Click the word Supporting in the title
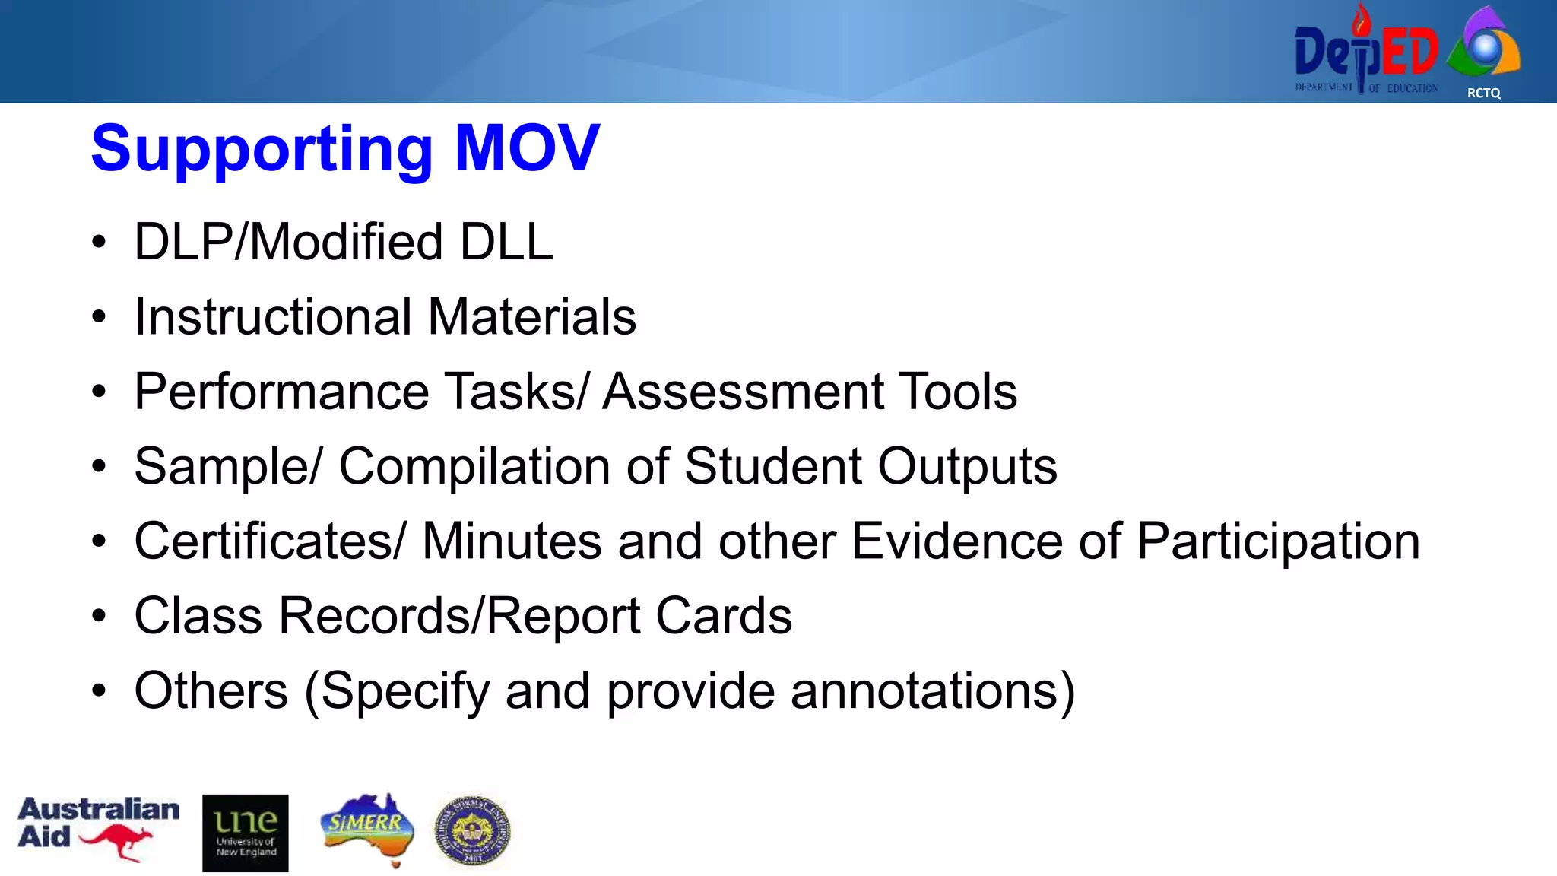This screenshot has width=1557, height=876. tap(262, 149)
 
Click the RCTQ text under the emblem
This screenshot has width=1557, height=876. tap(1483, 93)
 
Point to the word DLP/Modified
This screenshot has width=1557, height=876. tap(288, 243)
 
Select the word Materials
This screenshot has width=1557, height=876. tap(531, 317)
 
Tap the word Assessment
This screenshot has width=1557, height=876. tap(742, 392)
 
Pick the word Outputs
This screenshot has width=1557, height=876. tap(967, 466)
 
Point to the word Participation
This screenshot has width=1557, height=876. tap(1278, 541)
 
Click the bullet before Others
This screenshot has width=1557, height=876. tap(99, 690)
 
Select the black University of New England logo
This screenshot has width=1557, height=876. tap(245, 833)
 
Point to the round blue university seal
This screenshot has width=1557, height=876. tap(472, 831)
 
